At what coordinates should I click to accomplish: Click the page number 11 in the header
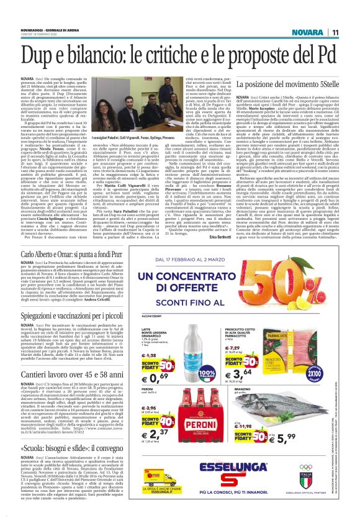click(351, 14)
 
